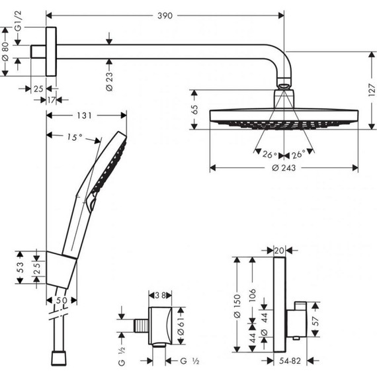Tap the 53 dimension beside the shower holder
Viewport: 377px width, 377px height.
[19, 267]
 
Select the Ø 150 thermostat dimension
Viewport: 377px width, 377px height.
[236, 308]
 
